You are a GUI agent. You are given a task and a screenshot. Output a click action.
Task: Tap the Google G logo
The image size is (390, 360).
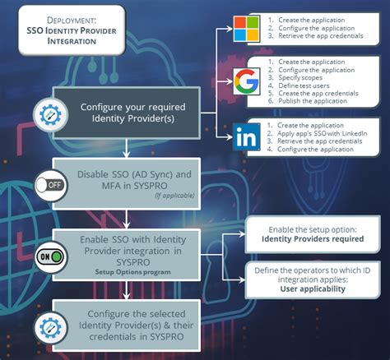click(x=244, y=80)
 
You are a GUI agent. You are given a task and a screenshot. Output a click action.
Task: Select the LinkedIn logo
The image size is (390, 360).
click(x=244, y=137)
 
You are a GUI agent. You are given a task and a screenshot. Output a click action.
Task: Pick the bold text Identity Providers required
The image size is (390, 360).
click(x=312, y=238)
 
